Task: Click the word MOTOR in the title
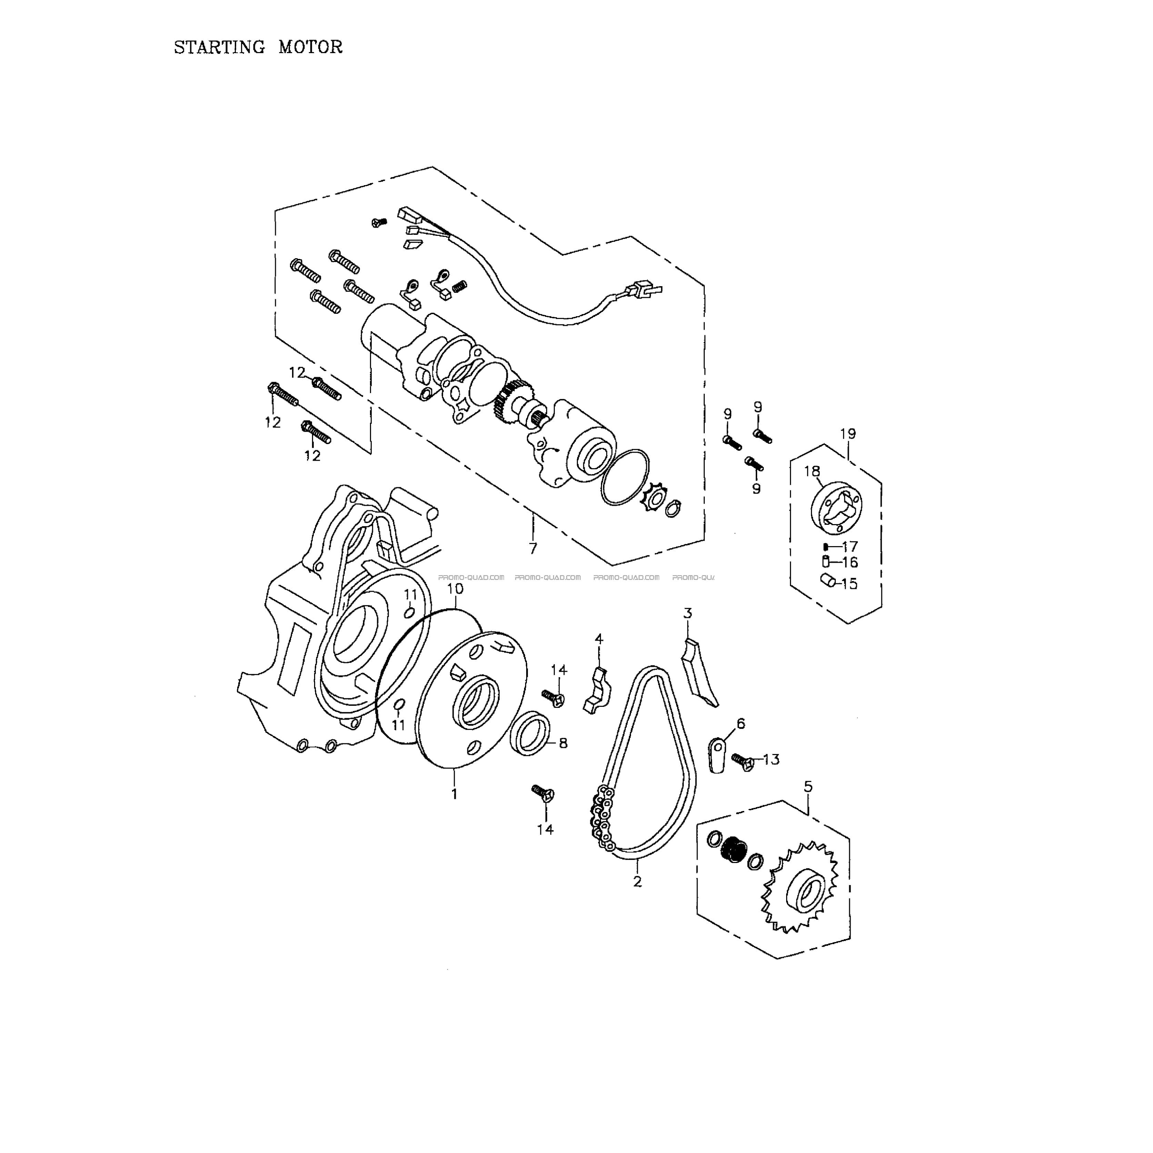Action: (x=310, y=47)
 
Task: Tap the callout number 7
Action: (x=533, y=548)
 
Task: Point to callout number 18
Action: (x=812, y=471)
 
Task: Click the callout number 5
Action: (x=808, y=786)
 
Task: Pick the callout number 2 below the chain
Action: (x=638, y=881)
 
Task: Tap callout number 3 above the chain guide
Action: (x=688, y=613)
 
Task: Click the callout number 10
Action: (x=455, y=589)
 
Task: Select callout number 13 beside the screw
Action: (x=771, y=759)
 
